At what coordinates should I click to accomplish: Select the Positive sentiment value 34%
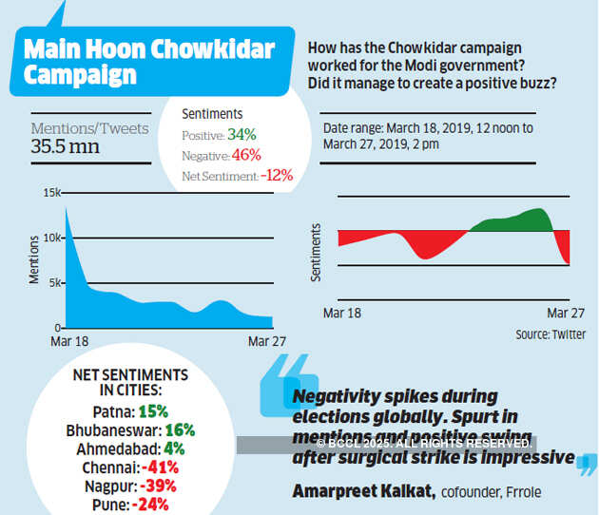point(242,134)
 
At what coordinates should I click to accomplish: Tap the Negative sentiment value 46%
point(244,155)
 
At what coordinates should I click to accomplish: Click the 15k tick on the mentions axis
point(52,193)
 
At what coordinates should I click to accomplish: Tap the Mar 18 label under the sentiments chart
point(342,313)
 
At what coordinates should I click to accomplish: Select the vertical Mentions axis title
point(35,257)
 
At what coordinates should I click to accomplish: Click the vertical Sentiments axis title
point(318,251)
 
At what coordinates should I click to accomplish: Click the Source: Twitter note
point(551,334)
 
